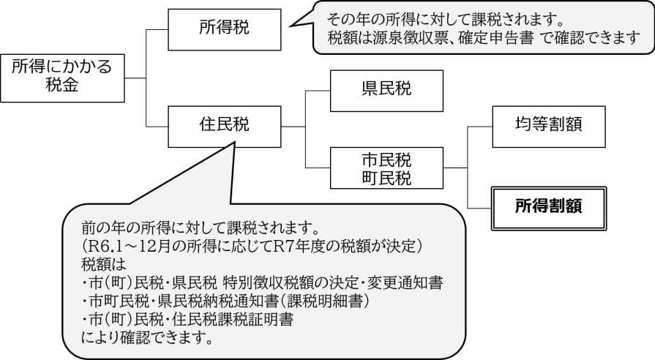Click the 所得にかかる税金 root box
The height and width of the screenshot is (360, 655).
coord(62,77)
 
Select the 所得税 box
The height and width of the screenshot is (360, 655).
coord(224,29)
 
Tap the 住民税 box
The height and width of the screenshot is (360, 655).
coord(224,125)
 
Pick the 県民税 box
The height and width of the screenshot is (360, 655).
coord(386,89)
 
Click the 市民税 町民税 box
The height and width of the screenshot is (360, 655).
coord(386,168)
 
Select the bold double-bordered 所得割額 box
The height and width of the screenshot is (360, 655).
coord(549,207)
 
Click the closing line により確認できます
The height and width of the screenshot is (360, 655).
coord(147,338)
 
